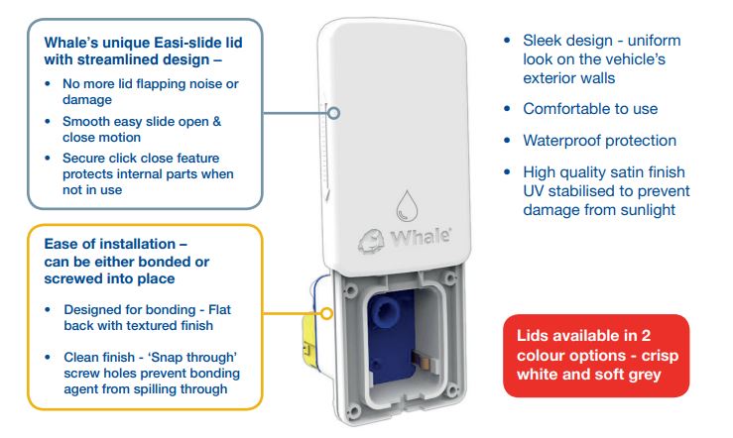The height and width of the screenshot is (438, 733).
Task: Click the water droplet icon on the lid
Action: point(407,205)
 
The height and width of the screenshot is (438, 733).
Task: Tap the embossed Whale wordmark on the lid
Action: point(421,237)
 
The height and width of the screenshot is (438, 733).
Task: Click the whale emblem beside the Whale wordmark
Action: point(372,242)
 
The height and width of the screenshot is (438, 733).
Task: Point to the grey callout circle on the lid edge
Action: point(334,113)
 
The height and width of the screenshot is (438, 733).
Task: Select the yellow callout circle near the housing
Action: point(326,313)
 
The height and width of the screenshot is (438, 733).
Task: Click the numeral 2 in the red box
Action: point(646,336)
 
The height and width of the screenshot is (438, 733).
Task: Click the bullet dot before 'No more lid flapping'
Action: point(48,84)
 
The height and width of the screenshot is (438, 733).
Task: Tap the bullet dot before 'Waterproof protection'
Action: point(507,140)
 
